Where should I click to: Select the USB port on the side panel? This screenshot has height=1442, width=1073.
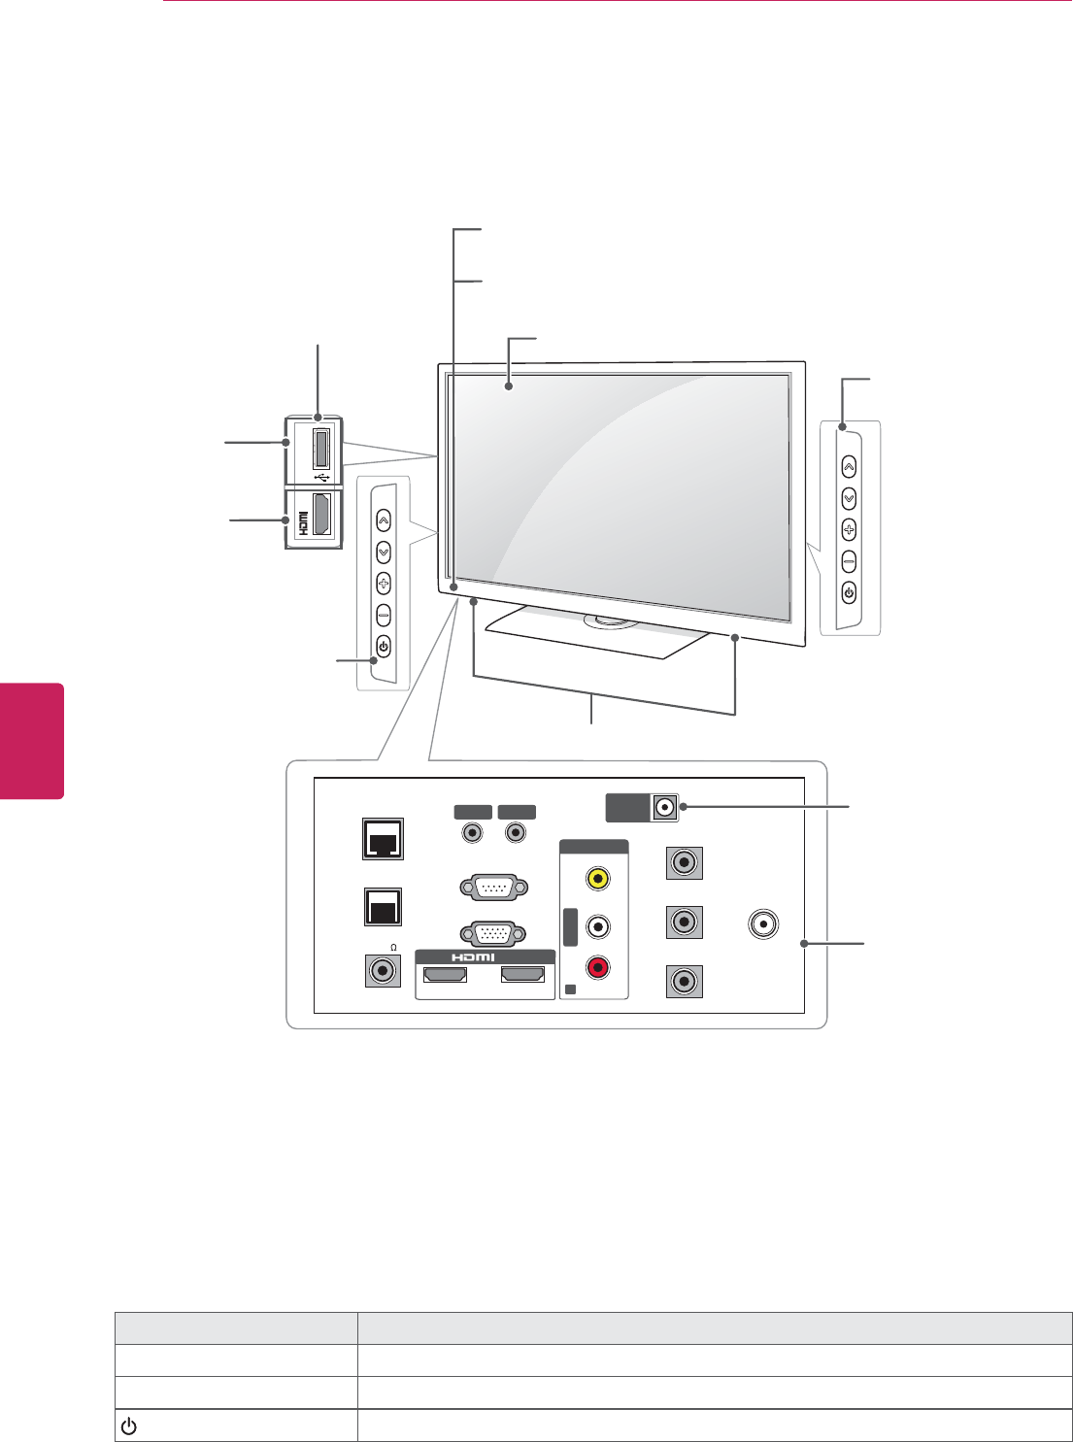click(321, 448)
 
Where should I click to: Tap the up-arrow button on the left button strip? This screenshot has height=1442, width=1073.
click(383, 520)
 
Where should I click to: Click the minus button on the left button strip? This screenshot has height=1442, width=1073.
click(383, 616)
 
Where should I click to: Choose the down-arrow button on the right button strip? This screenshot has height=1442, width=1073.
click(849, 498)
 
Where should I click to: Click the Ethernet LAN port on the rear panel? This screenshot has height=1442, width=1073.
click(383, 839)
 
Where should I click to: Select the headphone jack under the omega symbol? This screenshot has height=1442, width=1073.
click(383, 970)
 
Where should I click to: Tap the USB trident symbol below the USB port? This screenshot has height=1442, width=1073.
click(323, 477)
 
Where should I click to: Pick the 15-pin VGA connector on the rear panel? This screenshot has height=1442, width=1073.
click(493, 934)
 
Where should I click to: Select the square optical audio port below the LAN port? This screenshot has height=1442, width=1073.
click(383, 907)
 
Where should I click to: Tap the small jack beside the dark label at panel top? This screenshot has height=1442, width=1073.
click(665, 807)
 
